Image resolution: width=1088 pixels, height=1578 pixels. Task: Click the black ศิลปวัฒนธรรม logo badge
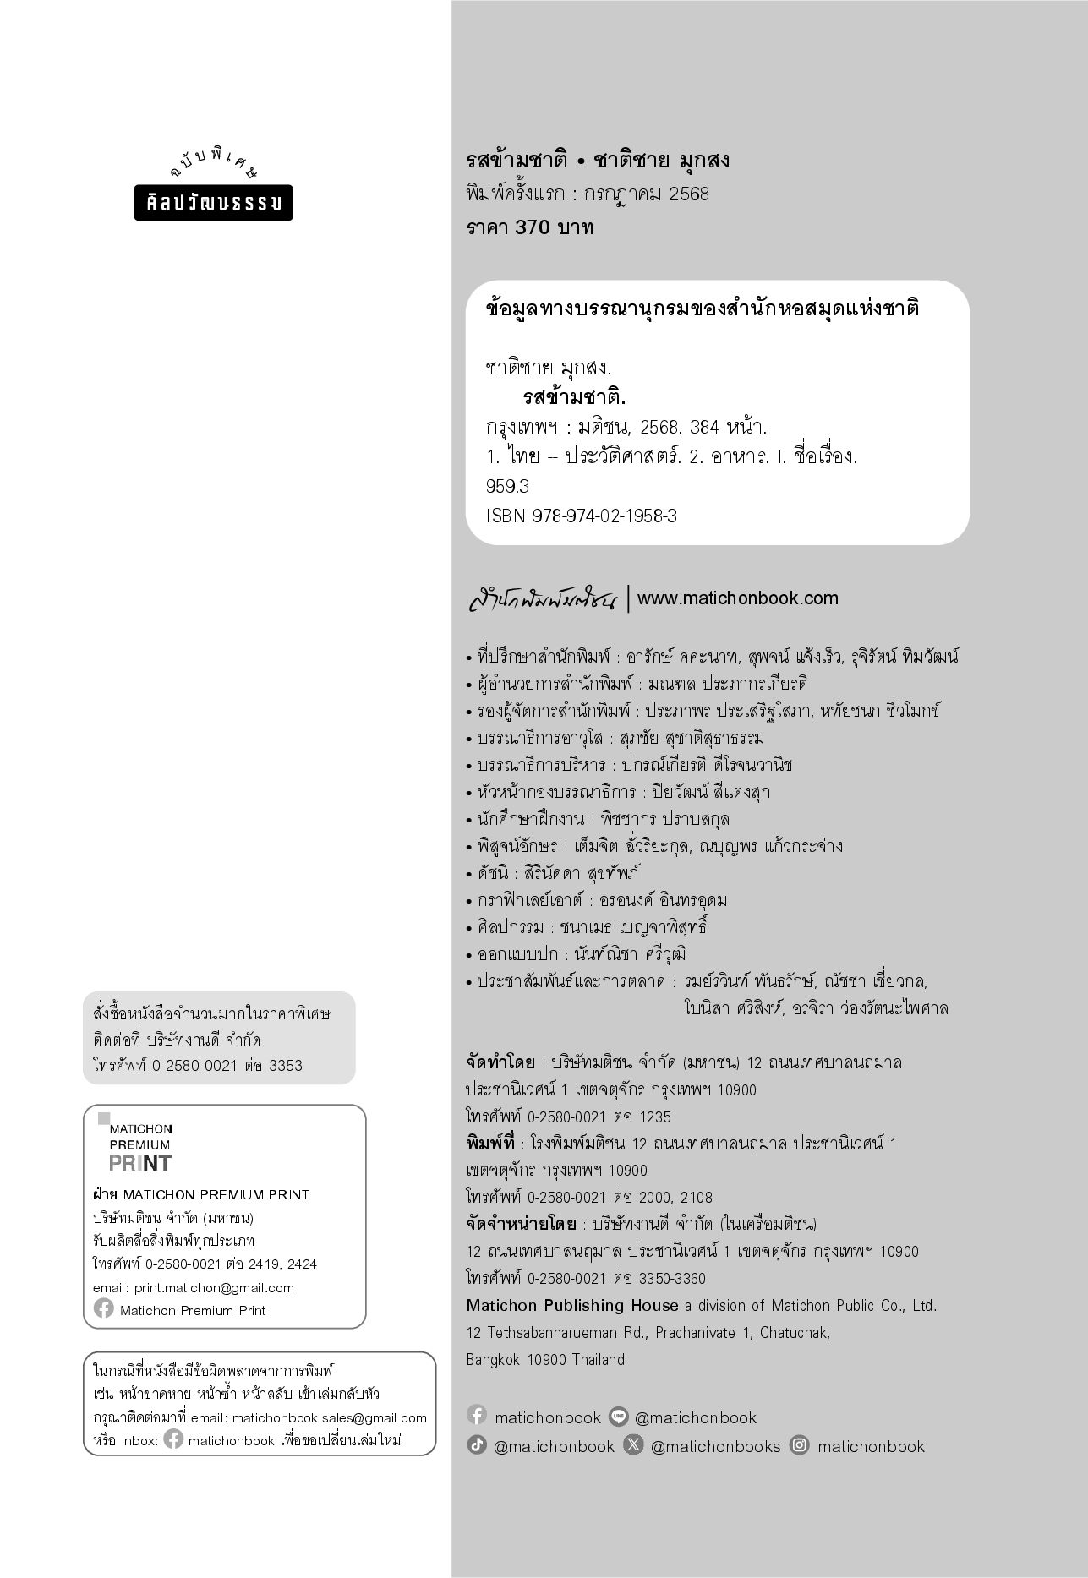213,203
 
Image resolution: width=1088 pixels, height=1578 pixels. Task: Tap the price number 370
533,227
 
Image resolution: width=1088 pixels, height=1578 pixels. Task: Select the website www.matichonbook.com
737,598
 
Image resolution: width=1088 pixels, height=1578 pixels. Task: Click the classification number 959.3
507,486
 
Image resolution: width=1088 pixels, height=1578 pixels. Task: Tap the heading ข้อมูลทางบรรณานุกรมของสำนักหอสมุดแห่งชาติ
703,309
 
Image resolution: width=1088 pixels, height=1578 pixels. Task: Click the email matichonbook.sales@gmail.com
329,1417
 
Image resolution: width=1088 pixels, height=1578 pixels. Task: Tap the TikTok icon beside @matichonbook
477,1445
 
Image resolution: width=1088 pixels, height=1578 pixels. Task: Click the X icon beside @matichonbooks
632,1445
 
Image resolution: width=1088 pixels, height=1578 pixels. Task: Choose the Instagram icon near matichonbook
799,1445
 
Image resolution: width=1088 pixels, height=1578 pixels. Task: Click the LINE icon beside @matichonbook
619,1417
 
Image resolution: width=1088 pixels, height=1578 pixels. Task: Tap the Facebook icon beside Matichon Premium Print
104,1309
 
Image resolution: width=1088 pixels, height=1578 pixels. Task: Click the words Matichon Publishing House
572,1305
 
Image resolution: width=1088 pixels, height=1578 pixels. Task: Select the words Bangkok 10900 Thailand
545,1359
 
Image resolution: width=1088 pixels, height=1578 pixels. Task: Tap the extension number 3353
285,1066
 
